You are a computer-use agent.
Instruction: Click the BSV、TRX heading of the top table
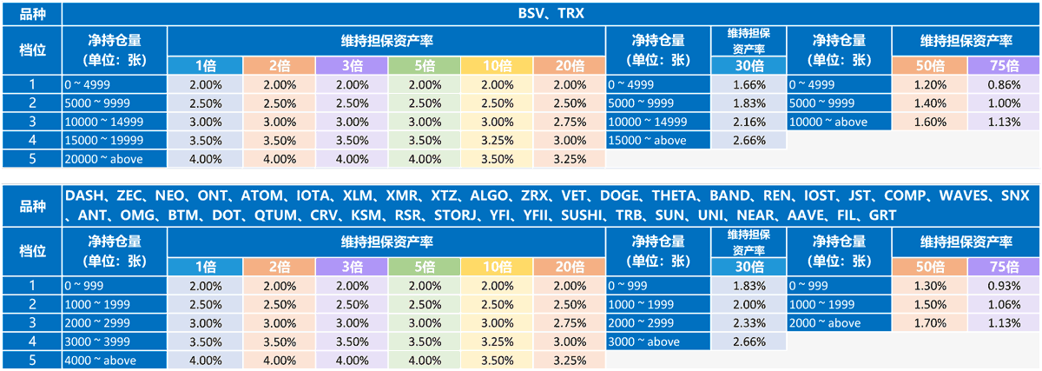coord(551,13)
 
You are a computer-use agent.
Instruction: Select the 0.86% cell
coord(1003,85)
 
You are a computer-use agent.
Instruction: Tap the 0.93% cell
coord(1003,286)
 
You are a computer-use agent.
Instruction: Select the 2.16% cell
coord(749,122)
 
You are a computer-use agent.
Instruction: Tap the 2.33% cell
coord(749,322)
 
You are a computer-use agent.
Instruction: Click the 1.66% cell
coord(749,85)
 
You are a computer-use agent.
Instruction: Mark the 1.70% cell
coord(930,322)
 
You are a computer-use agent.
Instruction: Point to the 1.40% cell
coord(930,103)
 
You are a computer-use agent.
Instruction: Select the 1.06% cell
coord(1003,304)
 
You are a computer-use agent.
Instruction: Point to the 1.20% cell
coord(930,85)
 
